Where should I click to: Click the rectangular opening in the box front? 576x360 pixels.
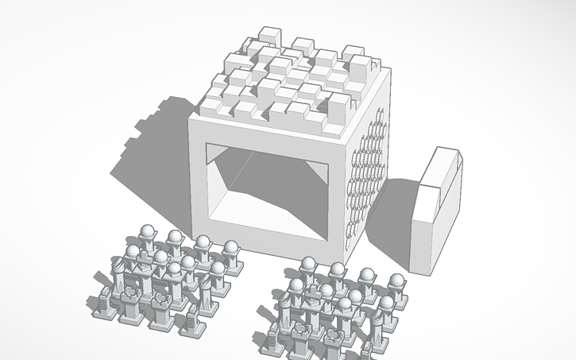[x=266, y=187]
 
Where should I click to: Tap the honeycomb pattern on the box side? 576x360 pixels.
[x=367, y=175]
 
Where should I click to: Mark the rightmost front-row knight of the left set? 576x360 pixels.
[x=191, y=318]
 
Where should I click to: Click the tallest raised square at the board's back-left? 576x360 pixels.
[x=268, y=35]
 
